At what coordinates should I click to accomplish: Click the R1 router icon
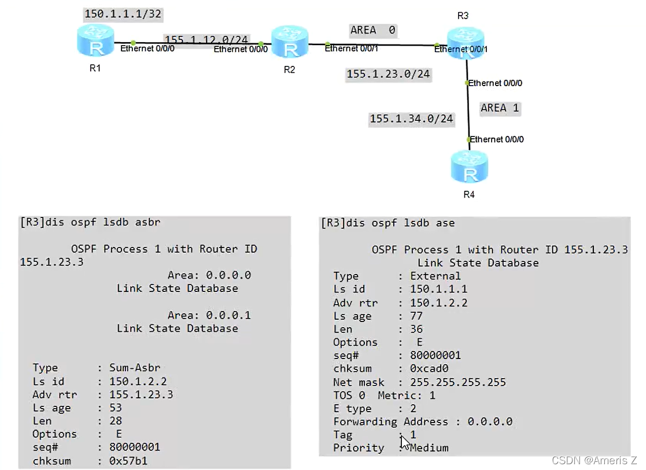click(x=96, y=42)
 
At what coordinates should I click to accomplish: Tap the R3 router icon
click(x=466, y=42)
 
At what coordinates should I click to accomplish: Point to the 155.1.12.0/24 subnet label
click(x=206, y=40)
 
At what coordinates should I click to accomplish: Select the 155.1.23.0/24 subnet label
click(x=388, y=74)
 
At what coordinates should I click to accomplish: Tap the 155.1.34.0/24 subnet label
click(x=411, y=119)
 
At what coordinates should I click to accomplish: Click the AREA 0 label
click(x=373, y=30)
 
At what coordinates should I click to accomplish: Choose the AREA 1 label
click(x=500, y=108)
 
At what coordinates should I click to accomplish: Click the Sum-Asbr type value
click(x=135, y=368)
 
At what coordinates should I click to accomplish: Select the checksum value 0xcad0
click(x=429, y=368)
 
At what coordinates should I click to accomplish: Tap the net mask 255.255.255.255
click(x=457, y=382)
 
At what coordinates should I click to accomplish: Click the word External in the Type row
click(x=435, y=276)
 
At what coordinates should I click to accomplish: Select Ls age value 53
click(x=116, y=408)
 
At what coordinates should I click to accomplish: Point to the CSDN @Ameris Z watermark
click(x=594, y=460)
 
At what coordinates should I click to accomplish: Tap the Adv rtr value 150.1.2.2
click(x=438, y=302)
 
